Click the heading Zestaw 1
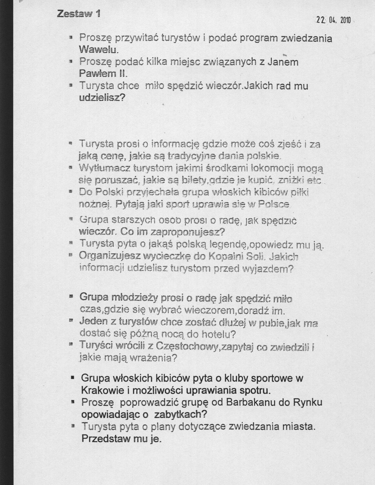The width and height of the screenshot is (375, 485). point(79,14)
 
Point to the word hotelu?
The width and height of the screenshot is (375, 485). point(219,334)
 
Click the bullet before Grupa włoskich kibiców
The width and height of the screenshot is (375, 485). point(72,377)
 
